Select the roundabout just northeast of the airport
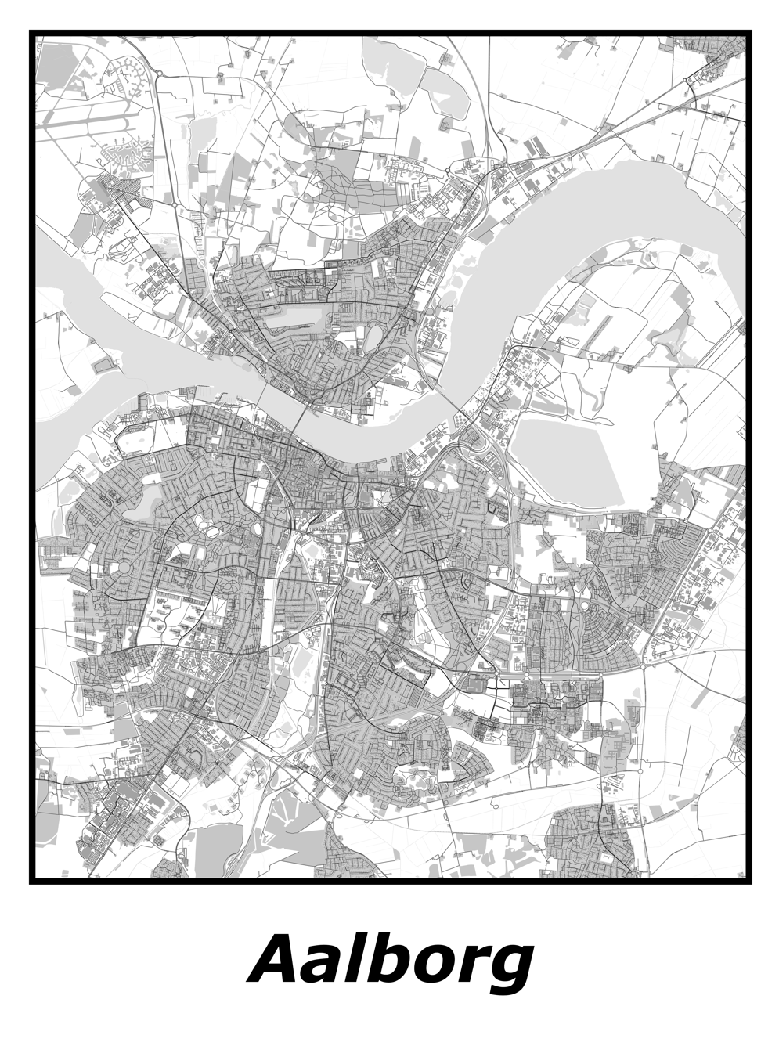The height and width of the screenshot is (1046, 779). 158,74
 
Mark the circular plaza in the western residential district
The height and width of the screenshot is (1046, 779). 124,565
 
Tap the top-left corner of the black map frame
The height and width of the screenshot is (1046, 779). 31,33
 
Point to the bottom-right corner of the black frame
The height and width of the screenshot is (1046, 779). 749,882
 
